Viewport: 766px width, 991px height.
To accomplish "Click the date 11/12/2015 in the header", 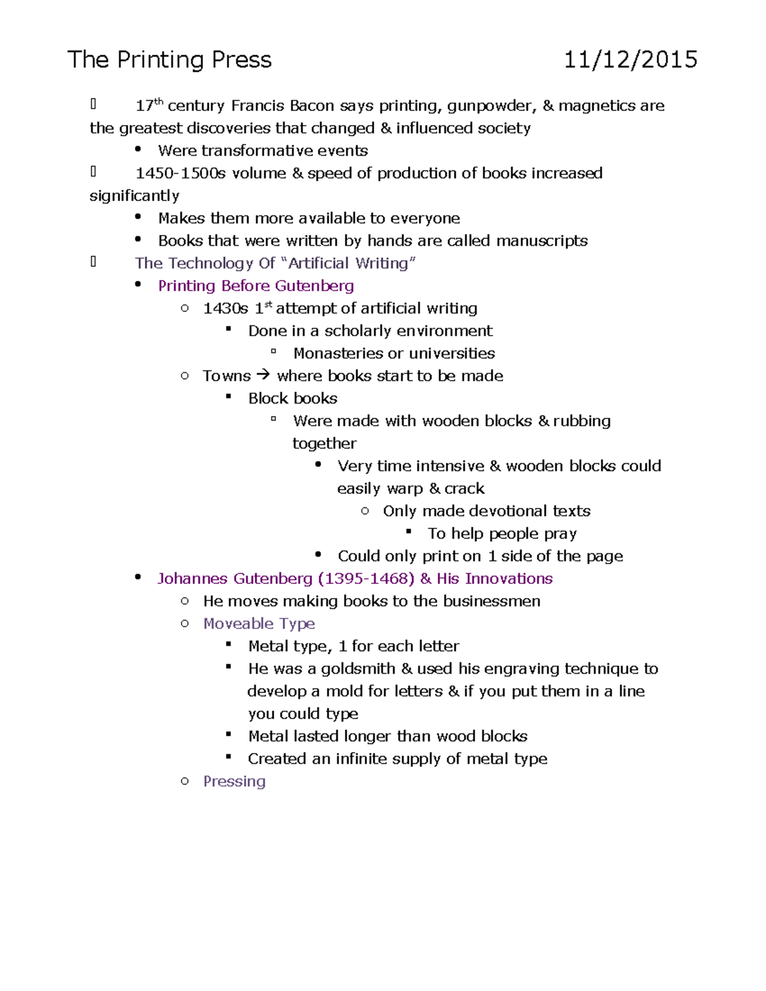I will click(x=630, y=60).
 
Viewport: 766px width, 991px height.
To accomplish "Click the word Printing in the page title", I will click(x=160, y=60).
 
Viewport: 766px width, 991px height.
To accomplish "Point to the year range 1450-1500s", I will click(x=181, y=174).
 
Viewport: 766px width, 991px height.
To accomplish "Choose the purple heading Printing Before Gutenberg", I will click(x=256, y=286).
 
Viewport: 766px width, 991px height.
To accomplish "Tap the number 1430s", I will click(x=225, y=309).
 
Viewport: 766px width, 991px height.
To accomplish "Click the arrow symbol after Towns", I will click(x=263, y=375).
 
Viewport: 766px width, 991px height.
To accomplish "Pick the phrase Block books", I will click(x=292, y=399).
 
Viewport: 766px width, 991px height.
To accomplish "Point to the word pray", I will click(x=560, y=534).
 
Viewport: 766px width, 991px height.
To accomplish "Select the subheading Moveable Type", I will click(x=259, y=624).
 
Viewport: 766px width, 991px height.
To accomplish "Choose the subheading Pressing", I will click(x=234, y=782).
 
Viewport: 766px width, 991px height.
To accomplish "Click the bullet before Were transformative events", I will click(x=138, y=149).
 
